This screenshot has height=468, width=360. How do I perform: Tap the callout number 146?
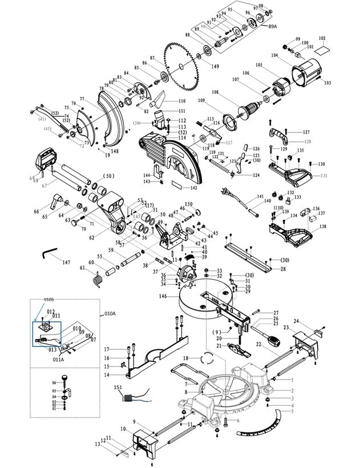coord(163,297)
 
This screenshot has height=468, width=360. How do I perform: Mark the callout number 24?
coord(297,321)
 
